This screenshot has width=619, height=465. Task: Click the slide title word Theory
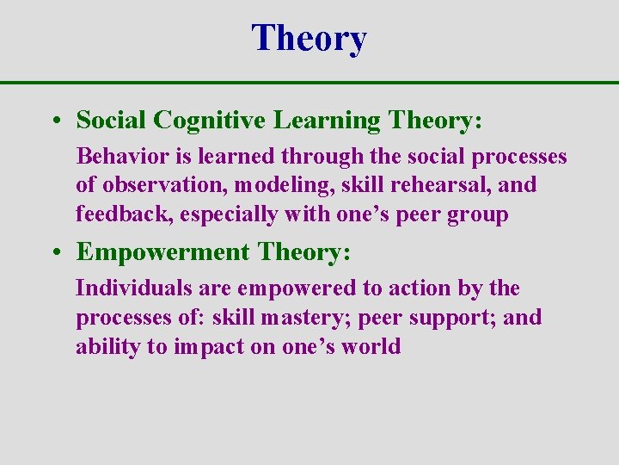coord(309,38)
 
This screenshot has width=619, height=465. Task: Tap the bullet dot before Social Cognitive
coord(54,121)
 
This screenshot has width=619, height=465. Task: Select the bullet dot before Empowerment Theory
coord(54,252)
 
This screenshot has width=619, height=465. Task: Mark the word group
coord(478,214)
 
